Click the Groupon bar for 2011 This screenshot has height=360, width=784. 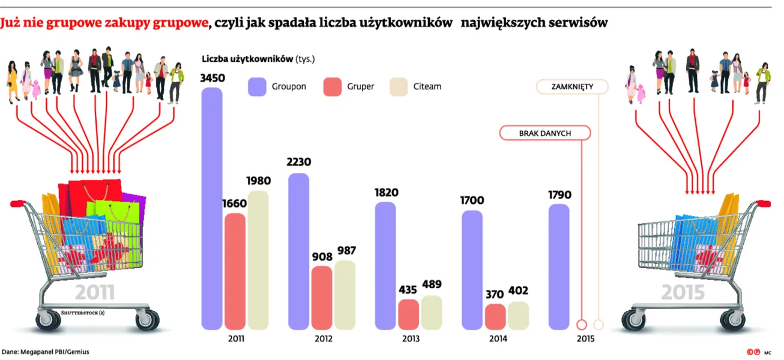pyautogui.click(x=212, y=208)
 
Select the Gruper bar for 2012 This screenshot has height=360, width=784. pyautogui.click(x=322, y=298)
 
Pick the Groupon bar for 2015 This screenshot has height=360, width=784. pyautogui.click(x=559, y=266)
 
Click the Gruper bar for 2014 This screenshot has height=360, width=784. pyautogui.click(x=495, y=317)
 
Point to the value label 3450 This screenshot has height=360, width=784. pyautogui.click(x=213, y=79)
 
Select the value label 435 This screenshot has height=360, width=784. pyautogui.click(x=409, y=289)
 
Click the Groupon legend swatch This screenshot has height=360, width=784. pyautogui.click(x=257, y=87)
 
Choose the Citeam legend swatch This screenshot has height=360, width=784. pyautogui.click(x=399, y=87)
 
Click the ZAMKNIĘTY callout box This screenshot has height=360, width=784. pyautogui.click(x=572, y=87)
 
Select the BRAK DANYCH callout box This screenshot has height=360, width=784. pyautogui.click(x=544, y=133)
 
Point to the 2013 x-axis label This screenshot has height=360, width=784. pyautogui.click(x=411, y=339)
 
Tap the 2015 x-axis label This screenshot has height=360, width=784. pyautogui.click(x=585, y=339)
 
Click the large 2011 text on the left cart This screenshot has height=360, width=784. pyautogui.click(x=95, y=293)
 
